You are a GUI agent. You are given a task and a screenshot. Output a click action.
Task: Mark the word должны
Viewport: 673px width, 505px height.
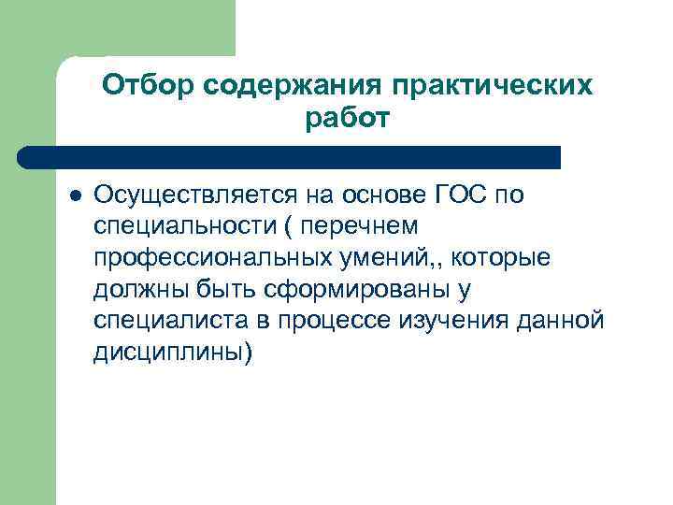[136, 290]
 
